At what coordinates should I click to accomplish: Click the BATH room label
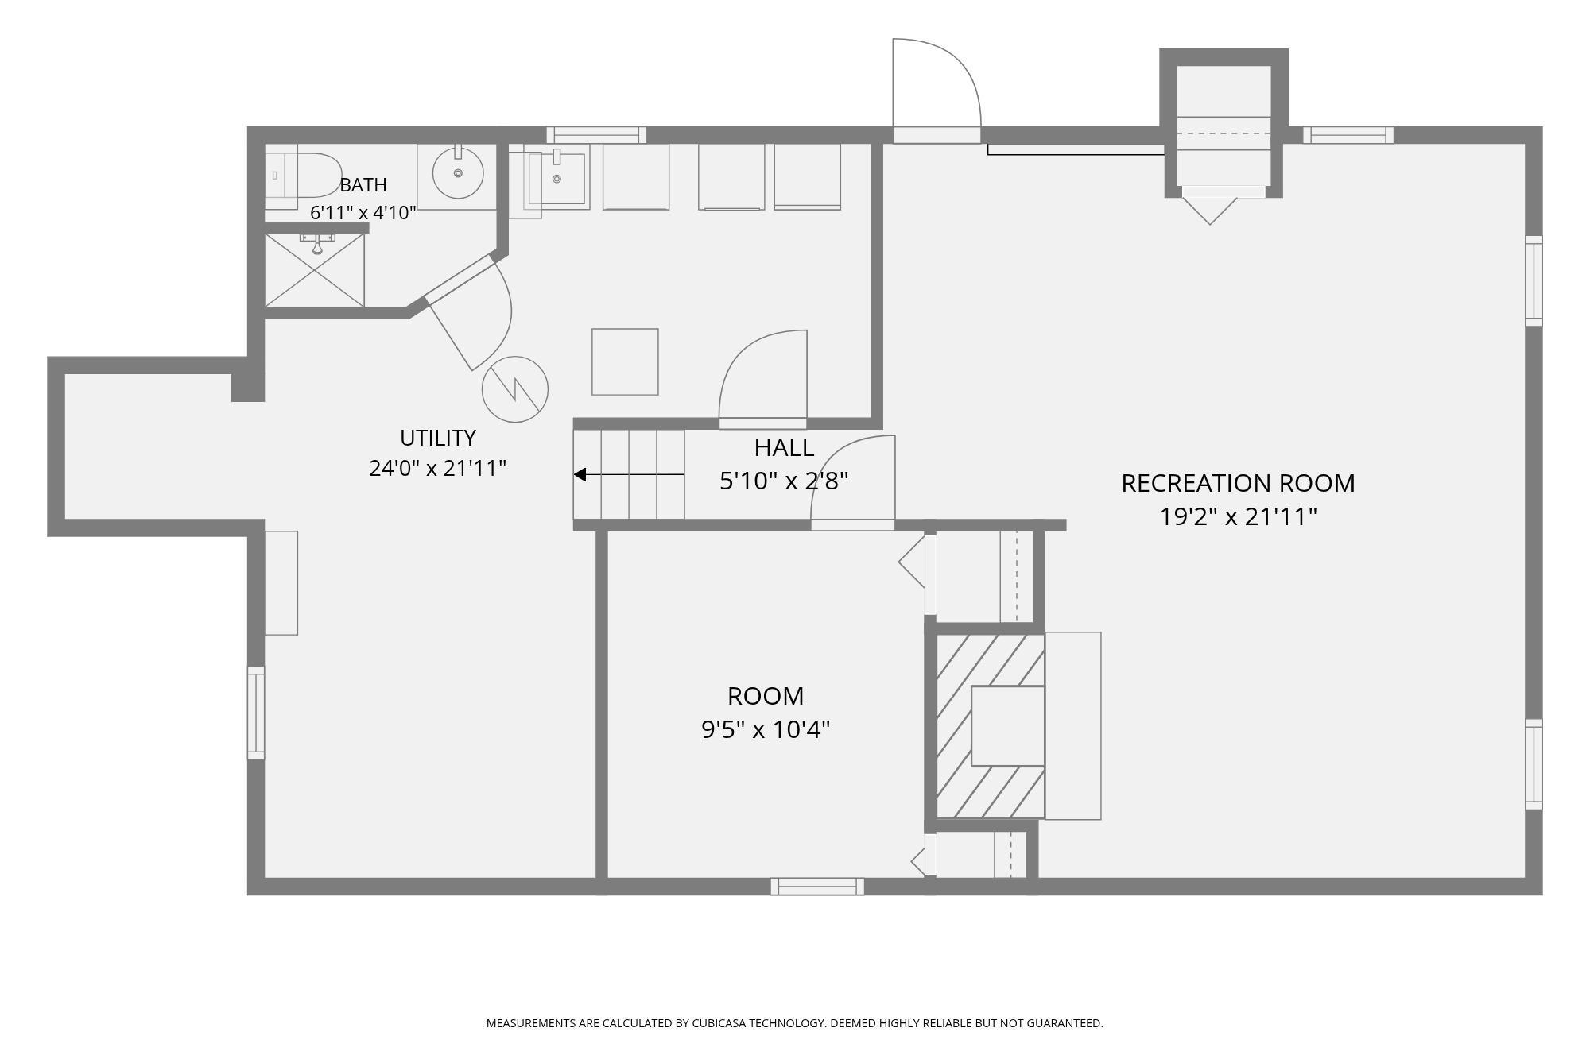click(363, 185)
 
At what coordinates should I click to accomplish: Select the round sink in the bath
click(458, 172)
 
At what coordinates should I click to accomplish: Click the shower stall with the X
click(314, 270)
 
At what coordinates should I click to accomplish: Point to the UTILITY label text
click(438, 438)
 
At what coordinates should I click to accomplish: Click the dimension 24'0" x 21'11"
click(438, 468)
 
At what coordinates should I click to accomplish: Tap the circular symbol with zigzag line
click(515, 389)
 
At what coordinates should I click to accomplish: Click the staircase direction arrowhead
click(580, 474)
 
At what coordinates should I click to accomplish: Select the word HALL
click(784, 447)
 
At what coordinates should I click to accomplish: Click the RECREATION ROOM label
click(1238, 483)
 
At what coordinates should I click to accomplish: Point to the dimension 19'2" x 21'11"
click(1238, 517)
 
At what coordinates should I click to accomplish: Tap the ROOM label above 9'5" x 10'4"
click(766, 696)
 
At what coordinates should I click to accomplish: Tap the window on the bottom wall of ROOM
click(817, 886)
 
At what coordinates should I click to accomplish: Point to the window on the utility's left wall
click(255, 713)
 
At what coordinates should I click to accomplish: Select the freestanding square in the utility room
click(625, 361)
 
